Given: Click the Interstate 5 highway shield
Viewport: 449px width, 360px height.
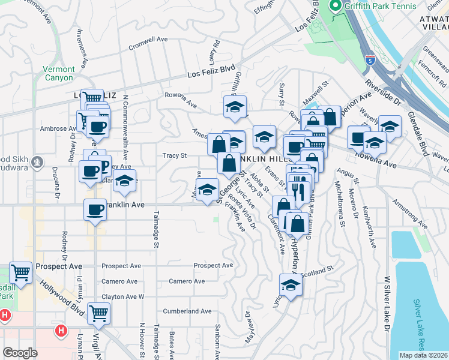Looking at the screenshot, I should point(370,60).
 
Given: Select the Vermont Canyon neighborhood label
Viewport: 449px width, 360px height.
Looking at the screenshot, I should point(58,73).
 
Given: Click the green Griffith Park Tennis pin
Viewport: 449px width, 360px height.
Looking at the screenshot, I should point(335,6).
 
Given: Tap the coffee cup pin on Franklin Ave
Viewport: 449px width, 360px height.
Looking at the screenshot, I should point(95,211).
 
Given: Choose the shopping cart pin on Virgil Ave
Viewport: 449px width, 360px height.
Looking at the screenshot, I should point(98,313).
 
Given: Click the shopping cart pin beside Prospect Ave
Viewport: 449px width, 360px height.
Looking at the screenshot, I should point(20,272).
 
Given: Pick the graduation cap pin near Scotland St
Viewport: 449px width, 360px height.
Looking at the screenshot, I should point(291,285).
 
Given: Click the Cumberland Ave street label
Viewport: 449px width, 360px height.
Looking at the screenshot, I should point(187,311).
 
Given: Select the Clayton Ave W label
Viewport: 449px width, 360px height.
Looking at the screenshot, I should point(123,296).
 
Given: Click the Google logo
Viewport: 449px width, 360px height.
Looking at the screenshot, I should point(20,353).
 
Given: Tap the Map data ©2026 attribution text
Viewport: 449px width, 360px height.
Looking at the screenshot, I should point(423,355).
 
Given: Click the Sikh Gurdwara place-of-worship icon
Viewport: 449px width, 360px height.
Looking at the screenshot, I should point(37,162).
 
